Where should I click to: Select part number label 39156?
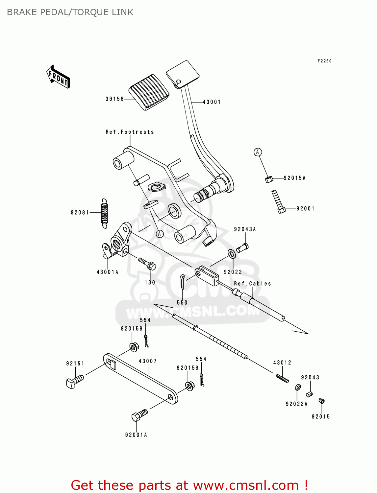pos(114,99)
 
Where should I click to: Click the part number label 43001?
pos(212,102)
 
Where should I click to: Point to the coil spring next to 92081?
pos(104,213)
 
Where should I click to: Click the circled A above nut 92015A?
pos(258,152)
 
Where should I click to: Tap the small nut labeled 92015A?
pos(269,179)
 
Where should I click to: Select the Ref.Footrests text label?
pos(130,132)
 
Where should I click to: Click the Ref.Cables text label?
pos(252,284)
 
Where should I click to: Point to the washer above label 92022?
pos(232,254)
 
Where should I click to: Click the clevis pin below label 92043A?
pos(242,247)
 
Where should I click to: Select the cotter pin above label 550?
pos(183,281)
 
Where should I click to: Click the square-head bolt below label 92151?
pos(75,381)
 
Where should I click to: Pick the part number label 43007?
pos(148,361)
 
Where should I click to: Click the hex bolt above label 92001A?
pos(139,415)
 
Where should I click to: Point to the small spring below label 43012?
pos(283,378)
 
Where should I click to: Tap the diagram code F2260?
pos(324,61)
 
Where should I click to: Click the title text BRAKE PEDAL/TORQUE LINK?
pos(70,12)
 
